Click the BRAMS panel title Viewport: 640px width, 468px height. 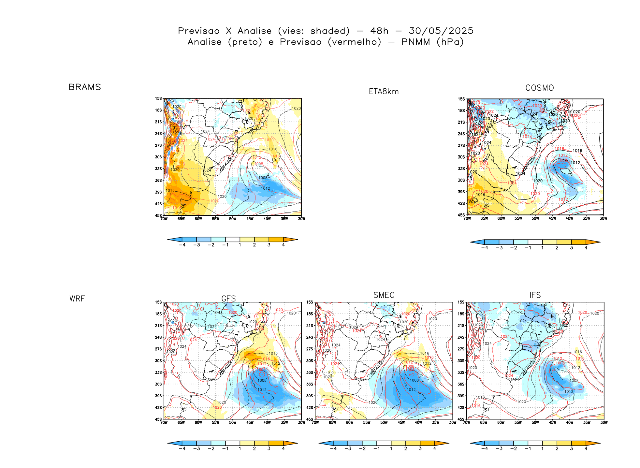85,87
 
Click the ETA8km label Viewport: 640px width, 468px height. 384,92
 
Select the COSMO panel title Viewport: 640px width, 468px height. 539,88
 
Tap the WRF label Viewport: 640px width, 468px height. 77,299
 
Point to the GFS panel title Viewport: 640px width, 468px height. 228,299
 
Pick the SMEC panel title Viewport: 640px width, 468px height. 384,295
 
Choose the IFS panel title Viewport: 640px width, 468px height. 535,295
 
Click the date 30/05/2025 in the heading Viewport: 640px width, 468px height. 441,31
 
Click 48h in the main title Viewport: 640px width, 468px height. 379,31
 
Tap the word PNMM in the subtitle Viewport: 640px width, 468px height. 415,42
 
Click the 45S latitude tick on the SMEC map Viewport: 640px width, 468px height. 309,419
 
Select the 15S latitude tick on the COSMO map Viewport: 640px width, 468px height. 461,99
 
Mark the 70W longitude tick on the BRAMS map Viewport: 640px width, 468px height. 164,219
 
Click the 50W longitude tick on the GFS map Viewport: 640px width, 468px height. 233,423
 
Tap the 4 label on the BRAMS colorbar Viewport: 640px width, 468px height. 283,245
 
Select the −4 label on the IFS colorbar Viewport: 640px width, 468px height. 485,449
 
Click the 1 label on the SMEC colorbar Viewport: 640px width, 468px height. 391,449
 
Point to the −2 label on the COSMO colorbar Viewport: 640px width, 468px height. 513,248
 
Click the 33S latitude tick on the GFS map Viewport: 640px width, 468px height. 158,373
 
